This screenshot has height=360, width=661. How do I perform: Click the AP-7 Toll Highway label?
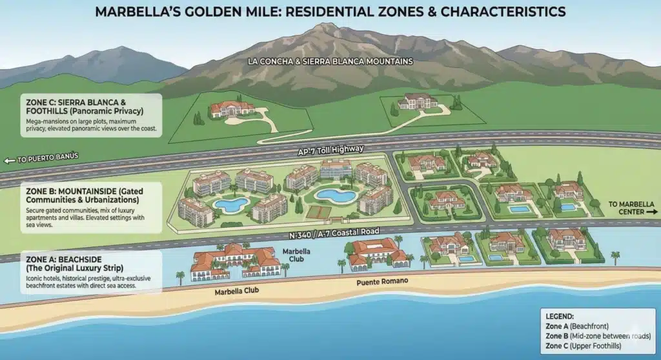point(330,149)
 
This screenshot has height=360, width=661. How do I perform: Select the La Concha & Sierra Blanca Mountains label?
point(330,62)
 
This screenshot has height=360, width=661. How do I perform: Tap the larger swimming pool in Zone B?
point(334,195)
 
